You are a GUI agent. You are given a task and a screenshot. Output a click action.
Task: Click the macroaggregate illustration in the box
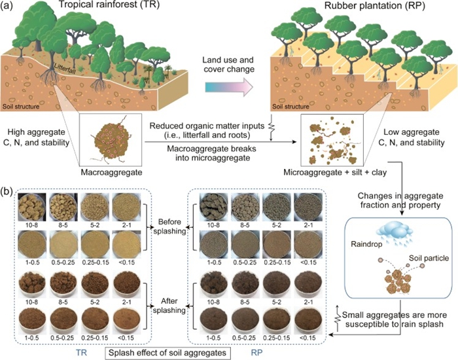pyautogui.click(x=103, y=145)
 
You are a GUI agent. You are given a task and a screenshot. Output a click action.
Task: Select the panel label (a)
pyautogui.click(x=9, y=8)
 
